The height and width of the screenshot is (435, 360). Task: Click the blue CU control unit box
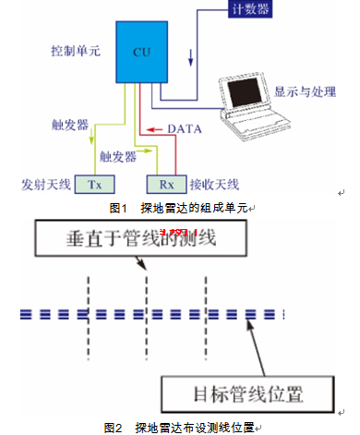pyautogui.click(x=142, y=52)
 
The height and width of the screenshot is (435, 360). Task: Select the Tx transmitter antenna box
pyautogui.click(x=95, y=185)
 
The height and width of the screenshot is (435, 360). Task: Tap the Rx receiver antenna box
pyautogui.click(x=166, y=185)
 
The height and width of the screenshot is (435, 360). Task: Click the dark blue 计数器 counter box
pyautogui.click(x=250, y=9)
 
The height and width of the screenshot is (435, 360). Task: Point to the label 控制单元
pyautogui.click(x=76, y=51)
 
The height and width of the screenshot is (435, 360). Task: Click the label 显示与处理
pyautogui.click(x=305, y=91)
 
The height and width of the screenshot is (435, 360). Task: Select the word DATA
pyautogui.click(x=185, y=129)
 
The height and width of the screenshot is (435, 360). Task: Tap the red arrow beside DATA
pyautogui.click(x=154, y=129)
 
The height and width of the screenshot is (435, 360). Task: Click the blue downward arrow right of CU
pyautogui.click(x=191, y=57)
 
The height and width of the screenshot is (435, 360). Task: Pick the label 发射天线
pyautogui.click(x=46, y=185)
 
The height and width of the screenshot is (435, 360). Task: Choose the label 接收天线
pyautogui.click(x=214, y=185)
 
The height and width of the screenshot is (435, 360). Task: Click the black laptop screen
pyautogui.click(x=245, y=91)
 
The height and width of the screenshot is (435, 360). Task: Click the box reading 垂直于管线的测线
pyautogui.click(x=141, y=238)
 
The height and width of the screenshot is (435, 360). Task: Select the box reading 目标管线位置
pyautogui.click(x=248, y=394)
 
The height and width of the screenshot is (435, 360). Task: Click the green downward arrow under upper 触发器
pyautogui.click(x=91, y=136)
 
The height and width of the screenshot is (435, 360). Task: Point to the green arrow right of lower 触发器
pyautogui.click(x=144, y=151)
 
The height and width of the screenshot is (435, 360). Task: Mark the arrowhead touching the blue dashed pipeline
pyautogui.click(x=250, y=324)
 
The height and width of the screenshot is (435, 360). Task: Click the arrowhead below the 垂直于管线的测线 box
pyautogui.click(x=142, y=265)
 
